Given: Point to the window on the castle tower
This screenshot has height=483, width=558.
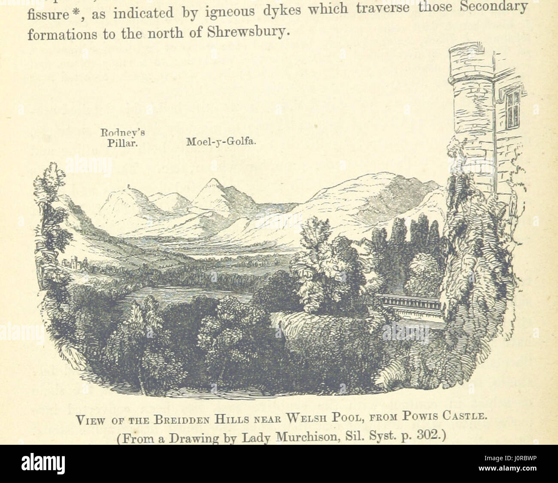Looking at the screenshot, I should coord(513,110).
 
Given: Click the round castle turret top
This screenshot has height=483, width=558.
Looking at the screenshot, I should coord(467,60).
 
